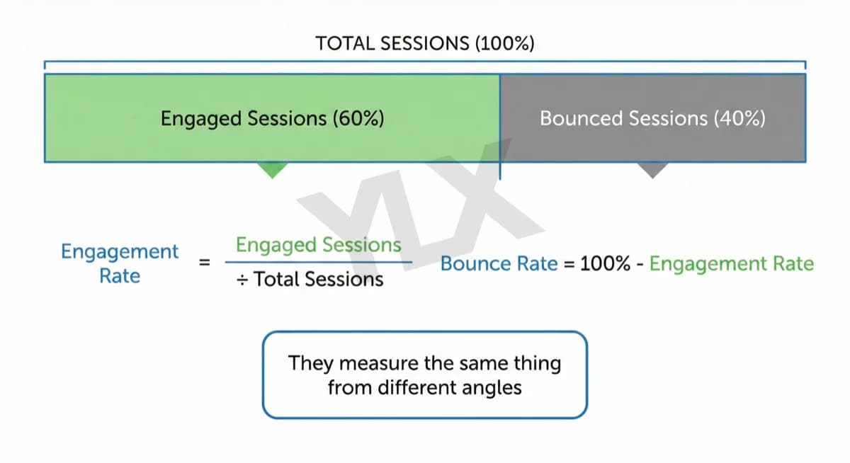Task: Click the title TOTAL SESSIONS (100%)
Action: click(425, 43)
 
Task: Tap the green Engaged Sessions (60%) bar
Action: click(272, 118)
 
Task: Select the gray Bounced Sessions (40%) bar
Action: click(652, 118)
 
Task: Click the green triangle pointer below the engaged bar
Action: click(273, 169)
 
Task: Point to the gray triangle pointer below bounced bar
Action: click(652, 169)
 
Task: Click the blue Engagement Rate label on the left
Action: click(120, 263)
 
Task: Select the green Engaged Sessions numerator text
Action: click(318, 245)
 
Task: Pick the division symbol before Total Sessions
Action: click(242, 280)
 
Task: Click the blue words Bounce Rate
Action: click(499, 264)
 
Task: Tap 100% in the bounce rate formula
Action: click(605, 264)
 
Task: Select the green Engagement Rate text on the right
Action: click(731, 264)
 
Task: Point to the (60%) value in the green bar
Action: click(358, 118)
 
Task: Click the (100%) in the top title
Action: click(504, 43)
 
